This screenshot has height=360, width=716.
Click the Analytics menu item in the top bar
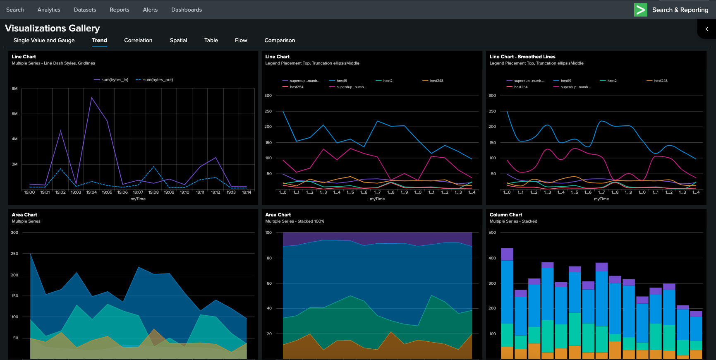(49, 10)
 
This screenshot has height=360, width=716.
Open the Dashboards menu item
(187, 10)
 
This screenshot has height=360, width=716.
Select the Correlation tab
(138, 40)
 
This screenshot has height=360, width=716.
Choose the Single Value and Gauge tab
(44, 40)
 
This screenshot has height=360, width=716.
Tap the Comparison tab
(280, 40)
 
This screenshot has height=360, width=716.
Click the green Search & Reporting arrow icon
(640, 10)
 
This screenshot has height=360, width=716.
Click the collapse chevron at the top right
(707, 29)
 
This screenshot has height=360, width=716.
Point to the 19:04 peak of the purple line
(91, 98)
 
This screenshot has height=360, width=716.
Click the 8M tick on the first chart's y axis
(14, 89)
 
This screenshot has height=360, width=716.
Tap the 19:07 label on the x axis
(138, 192)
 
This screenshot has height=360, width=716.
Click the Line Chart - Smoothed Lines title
(522, 57)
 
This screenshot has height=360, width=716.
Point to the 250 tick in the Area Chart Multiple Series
(14, 254)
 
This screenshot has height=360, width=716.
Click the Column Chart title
(505, 215)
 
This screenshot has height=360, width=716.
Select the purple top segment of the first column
(507, 254)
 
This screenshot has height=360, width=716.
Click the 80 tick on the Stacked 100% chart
(269, 258)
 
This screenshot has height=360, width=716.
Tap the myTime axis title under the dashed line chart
(138, 199)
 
